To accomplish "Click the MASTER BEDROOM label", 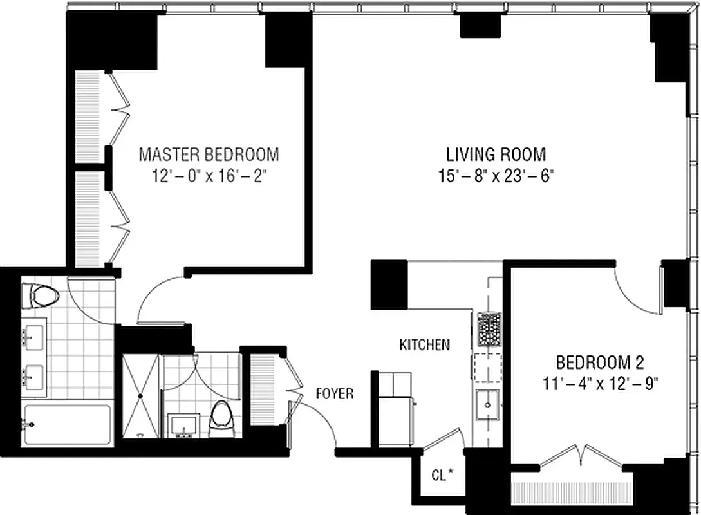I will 209,154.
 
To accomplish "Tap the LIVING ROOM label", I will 496,154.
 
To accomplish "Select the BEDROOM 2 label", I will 600,361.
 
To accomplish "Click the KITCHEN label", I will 424,345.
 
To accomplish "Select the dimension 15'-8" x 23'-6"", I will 496,176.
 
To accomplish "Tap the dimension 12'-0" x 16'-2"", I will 209,176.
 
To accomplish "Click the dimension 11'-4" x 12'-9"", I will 600,384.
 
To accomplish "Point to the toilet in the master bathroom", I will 41,297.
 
